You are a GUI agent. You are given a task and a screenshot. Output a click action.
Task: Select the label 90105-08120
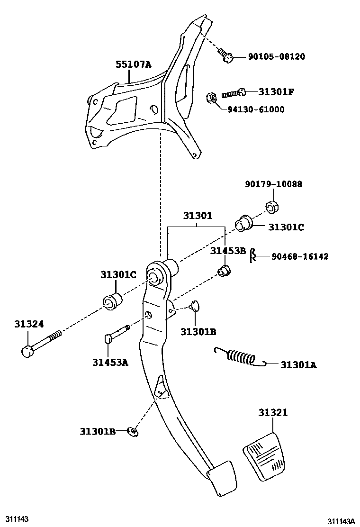point(277,57)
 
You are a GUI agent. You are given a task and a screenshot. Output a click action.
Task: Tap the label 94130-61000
point(256,109)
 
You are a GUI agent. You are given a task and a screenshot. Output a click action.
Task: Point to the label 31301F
point(276,91)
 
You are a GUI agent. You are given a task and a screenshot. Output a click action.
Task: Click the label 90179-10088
point(273,184)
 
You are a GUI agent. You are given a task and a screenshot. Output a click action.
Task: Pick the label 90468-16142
point(300,256)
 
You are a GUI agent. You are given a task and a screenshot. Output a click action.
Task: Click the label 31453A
point(110,363)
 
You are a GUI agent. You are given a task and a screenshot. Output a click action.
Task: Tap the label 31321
point(273,413)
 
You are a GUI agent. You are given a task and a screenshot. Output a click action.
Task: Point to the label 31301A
point(298,365)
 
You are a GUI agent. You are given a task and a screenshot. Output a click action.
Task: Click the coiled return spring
point(239,357)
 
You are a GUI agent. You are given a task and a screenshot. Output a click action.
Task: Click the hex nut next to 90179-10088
point(271,207)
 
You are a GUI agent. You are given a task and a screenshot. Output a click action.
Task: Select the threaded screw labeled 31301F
point(234,93)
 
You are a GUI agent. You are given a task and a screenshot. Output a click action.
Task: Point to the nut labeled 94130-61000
point(211,99)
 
